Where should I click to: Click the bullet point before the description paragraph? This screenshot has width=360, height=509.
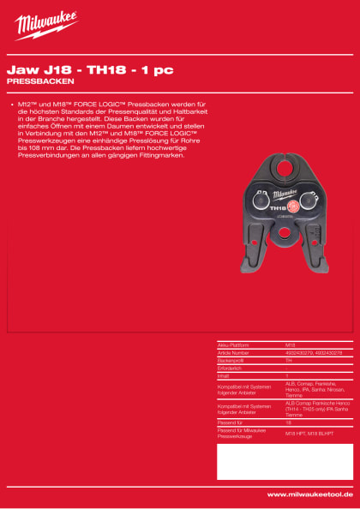point(9,103)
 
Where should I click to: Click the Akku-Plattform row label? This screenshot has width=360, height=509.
point(236,344)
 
